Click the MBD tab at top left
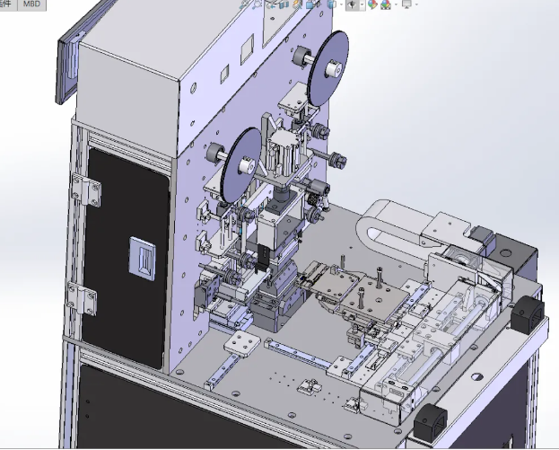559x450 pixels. (31, 4)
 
